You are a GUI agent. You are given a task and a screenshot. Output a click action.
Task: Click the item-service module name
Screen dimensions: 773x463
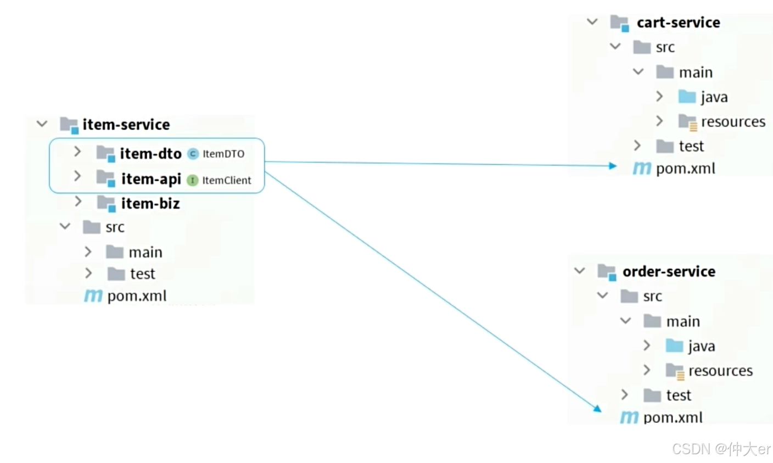(x=126, y=125)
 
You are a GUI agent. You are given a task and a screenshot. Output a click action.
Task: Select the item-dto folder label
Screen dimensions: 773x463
(x=150, y=154)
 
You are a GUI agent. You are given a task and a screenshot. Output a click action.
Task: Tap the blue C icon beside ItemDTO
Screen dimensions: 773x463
(x=193, y=154)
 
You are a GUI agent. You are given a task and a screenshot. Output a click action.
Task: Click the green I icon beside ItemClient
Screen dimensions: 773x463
(x=192, y=180)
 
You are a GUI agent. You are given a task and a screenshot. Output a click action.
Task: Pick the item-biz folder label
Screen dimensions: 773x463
(x=150, y=204)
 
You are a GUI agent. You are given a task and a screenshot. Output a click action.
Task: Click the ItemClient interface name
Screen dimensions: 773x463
(x=226, y=180)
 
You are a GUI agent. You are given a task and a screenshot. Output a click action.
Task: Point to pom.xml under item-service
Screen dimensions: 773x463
(x=136, y=296)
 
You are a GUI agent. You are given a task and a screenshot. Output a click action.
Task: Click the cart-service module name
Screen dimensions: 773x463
(x=678, y=23)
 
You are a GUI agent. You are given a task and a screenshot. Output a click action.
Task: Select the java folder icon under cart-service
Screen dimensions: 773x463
(x=687, y=97)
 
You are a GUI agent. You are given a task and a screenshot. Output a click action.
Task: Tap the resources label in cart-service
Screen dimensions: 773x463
(x=733, y=121)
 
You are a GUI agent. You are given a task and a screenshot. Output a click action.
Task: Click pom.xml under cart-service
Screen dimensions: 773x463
(x=685, y=169)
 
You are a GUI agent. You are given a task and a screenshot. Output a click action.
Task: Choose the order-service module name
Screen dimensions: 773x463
(x=669, y=271)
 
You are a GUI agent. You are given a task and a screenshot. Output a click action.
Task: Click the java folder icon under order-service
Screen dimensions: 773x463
(x=674, y=345)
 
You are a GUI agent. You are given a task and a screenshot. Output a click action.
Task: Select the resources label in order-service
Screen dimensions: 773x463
(x=720, y=371)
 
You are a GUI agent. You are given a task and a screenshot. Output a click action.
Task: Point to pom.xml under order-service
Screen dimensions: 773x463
(x=673, y=417)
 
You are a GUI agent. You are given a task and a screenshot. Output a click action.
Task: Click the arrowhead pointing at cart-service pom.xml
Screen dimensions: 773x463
(x=613, y=165)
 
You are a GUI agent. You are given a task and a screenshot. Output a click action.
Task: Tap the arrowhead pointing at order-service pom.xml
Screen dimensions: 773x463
(x=597, y=408)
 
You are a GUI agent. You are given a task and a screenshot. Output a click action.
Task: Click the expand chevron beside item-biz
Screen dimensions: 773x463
(x=78, y=202)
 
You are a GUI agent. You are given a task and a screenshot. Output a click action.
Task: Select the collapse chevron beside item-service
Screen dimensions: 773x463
(x=42, y=124)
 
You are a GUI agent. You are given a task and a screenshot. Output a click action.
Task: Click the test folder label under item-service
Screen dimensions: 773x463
(x=142, y=274)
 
